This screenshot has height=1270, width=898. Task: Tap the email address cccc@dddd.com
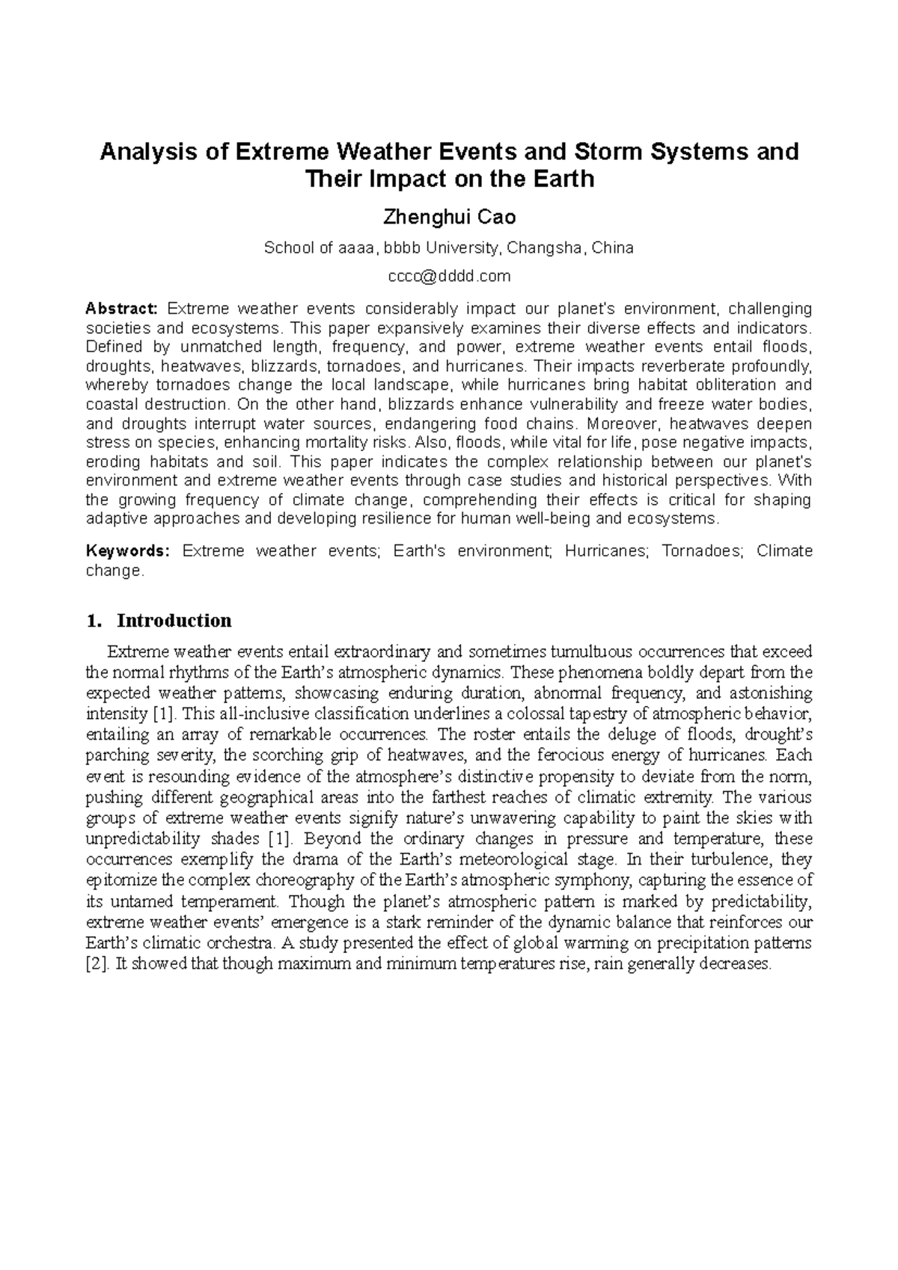pos(449,276)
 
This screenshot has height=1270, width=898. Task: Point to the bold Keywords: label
pos(129,551)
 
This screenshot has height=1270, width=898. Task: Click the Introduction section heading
pos(174,621)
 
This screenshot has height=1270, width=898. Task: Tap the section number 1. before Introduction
pos(94,621)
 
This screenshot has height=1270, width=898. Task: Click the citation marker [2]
pos(97,963)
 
